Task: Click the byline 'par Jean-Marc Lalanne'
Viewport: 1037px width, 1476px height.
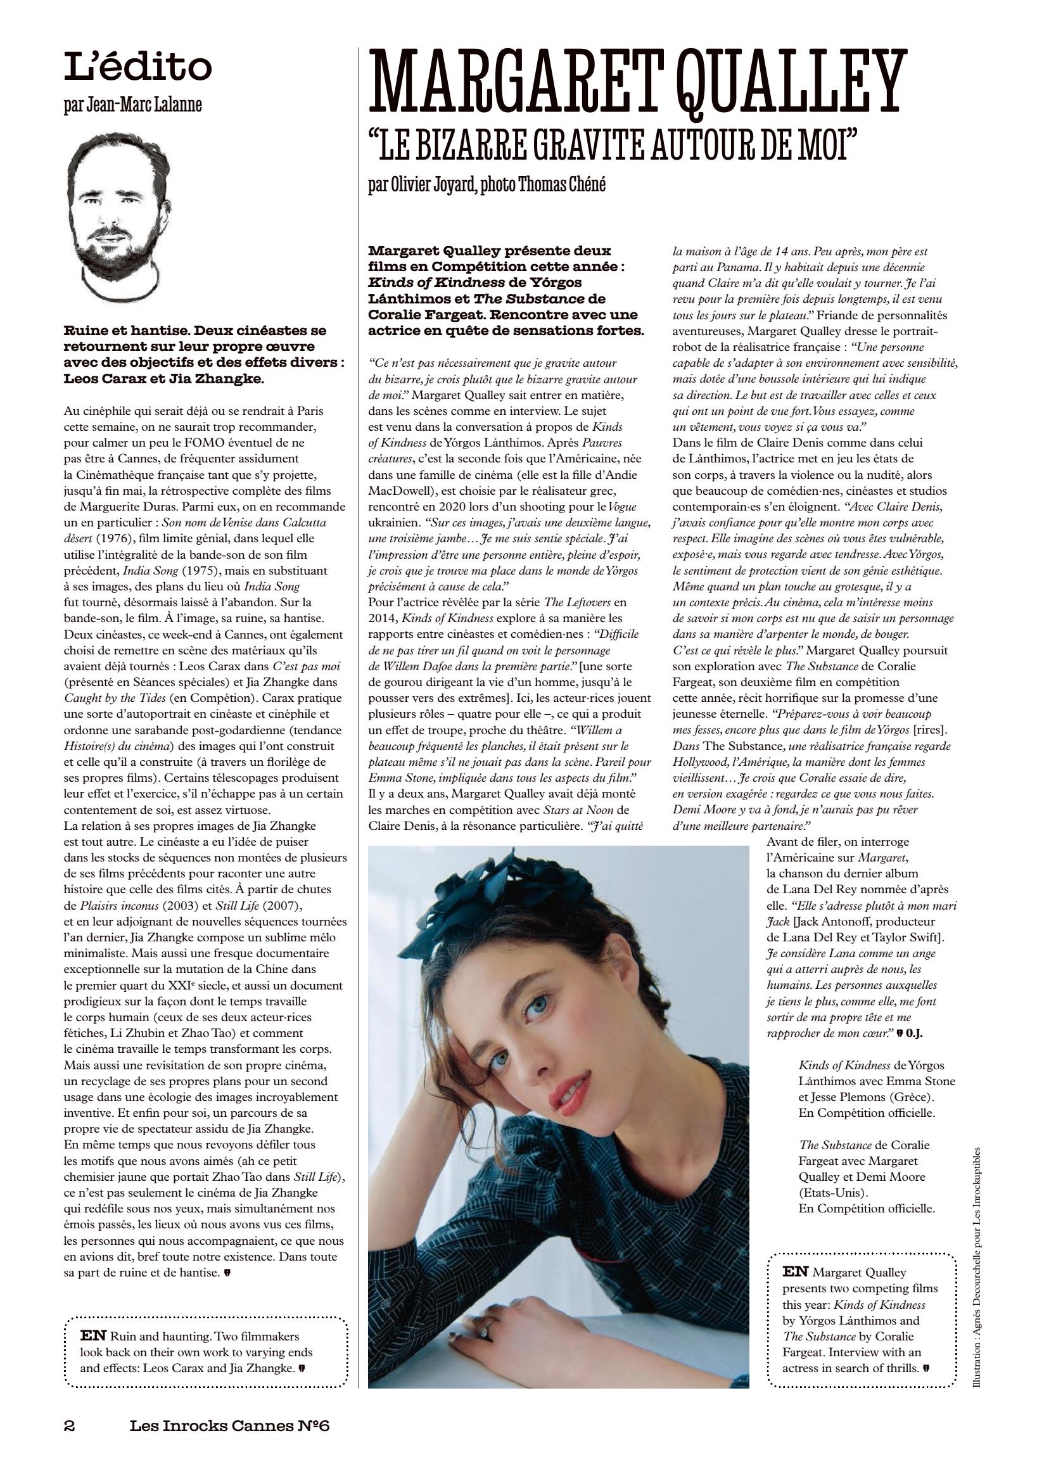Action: (132, 105)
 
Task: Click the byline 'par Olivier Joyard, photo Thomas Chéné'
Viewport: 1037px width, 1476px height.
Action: (487, 185)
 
